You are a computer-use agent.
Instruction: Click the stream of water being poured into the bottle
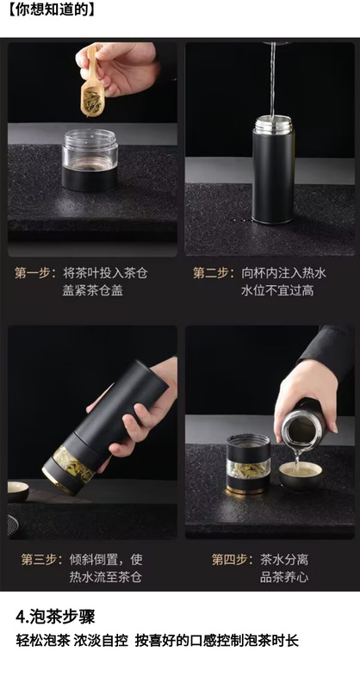(273, 79)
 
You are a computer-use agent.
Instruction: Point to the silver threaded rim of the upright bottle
(273, 123)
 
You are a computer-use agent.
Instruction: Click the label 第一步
(33, 273)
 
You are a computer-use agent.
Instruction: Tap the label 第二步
(211, 273)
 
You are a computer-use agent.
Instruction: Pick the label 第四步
(229, 559)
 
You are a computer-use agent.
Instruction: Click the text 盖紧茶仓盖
(93, 290)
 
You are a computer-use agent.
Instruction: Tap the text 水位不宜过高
(277, 290)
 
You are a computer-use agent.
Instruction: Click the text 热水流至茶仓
(105, 577)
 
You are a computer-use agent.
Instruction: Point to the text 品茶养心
(284, 577)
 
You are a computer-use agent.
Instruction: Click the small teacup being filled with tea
(301, 476)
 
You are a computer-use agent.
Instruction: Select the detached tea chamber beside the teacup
(248, 464)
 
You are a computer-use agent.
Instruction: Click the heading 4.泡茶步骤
(55, 617)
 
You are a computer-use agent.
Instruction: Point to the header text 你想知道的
(52, 10)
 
